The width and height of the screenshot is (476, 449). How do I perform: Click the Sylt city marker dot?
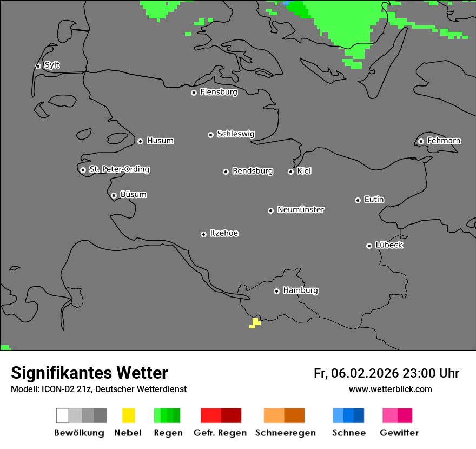click(x=38, y=66)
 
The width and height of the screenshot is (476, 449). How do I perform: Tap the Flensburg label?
click(x=219, y=92)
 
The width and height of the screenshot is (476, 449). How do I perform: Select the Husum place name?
click(x=160, y=141)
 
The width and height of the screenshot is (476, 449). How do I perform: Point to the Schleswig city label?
click(x=235, y=134)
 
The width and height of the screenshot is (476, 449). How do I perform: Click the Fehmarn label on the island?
click(x=444, y=141)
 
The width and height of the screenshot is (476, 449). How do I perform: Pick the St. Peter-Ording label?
click(x=119, y=169)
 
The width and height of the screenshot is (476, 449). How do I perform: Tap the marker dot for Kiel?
click(x=290, y=171)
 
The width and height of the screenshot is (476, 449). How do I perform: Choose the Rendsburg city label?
click(x=252, y=171)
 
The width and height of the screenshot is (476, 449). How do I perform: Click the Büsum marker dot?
click(x=114, y=195)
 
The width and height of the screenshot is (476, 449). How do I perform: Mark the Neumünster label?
click(x=300, y=209)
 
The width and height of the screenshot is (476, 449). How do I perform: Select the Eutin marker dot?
click(x=358, y=200)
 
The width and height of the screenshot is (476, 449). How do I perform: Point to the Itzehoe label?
click(x=224, y=233)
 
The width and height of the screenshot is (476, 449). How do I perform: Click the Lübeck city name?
click(x=389, y=245)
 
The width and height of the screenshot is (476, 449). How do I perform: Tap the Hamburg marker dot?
click(x=276, y=291)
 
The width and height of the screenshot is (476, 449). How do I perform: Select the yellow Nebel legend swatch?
click(x=128, y=415)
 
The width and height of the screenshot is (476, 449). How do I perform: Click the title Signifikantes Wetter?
click(x=89, y=373)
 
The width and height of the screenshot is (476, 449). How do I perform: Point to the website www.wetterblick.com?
click(x=390, y=389)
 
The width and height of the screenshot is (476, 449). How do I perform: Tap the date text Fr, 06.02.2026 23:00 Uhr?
click(x=386, y=373)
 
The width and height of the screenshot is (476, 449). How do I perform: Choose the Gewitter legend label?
click(x=399, y=433)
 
